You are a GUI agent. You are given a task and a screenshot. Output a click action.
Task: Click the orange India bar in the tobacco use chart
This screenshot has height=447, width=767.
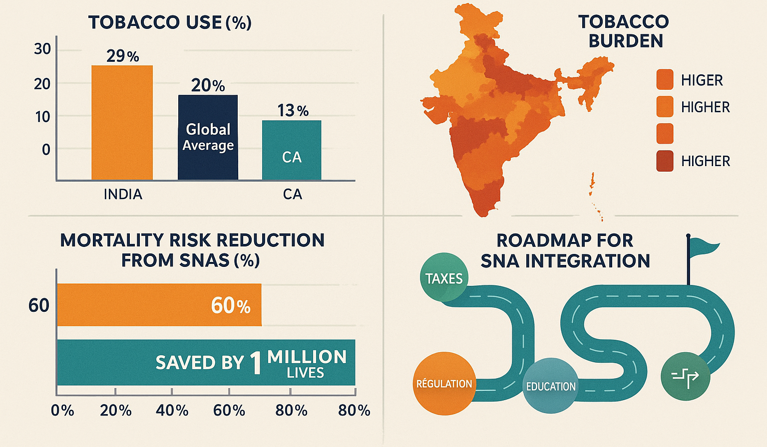point(122,122)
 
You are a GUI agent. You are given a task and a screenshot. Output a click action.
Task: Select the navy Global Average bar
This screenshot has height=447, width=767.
point(208,137)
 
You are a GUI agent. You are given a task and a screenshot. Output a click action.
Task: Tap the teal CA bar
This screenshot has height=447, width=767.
point(292,150)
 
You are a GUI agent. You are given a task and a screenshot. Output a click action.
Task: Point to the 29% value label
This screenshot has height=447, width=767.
point(122,56)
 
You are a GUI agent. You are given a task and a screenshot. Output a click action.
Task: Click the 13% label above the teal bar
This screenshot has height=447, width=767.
point(293,110)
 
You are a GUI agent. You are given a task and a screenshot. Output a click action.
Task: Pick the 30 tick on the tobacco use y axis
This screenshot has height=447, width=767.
point(42,49)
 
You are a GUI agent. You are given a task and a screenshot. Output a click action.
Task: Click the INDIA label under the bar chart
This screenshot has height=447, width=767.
point(123,194)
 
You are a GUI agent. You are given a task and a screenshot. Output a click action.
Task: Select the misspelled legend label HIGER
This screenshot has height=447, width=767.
point(702,80)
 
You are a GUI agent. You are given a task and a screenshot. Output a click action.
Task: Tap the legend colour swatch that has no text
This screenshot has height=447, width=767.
point(665,134)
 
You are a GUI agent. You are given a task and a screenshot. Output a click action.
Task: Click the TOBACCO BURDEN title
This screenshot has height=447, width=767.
point(624,31)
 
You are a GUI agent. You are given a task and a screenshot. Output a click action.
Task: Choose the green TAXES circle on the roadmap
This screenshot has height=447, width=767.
point(444,278)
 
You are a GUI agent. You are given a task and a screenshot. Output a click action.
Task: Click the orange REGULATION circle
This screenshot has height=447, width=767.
point(444,383)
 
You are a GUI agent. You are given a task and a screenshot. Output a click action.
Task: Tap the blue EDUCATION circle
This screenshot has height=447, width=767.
point(550,386)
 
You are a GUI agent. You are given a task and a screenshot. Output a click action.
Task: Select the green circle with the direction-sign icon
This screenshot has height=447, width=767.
point(685,376)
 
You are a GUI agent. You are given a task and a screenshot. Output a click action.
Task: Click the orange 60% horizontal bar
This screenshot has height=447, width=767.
point(159,305)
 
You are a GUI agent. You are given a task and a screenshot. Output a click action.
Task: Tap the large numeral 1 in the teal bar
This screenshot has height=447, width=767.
point(256,363)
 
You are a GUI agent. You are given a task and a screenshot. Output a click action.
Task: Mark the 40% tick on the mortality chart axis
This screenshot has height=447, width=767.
point(172,411)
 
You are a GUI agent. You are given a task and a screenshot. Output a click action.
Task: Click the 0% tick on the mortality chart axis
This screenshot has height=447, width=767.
point(62,411)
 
